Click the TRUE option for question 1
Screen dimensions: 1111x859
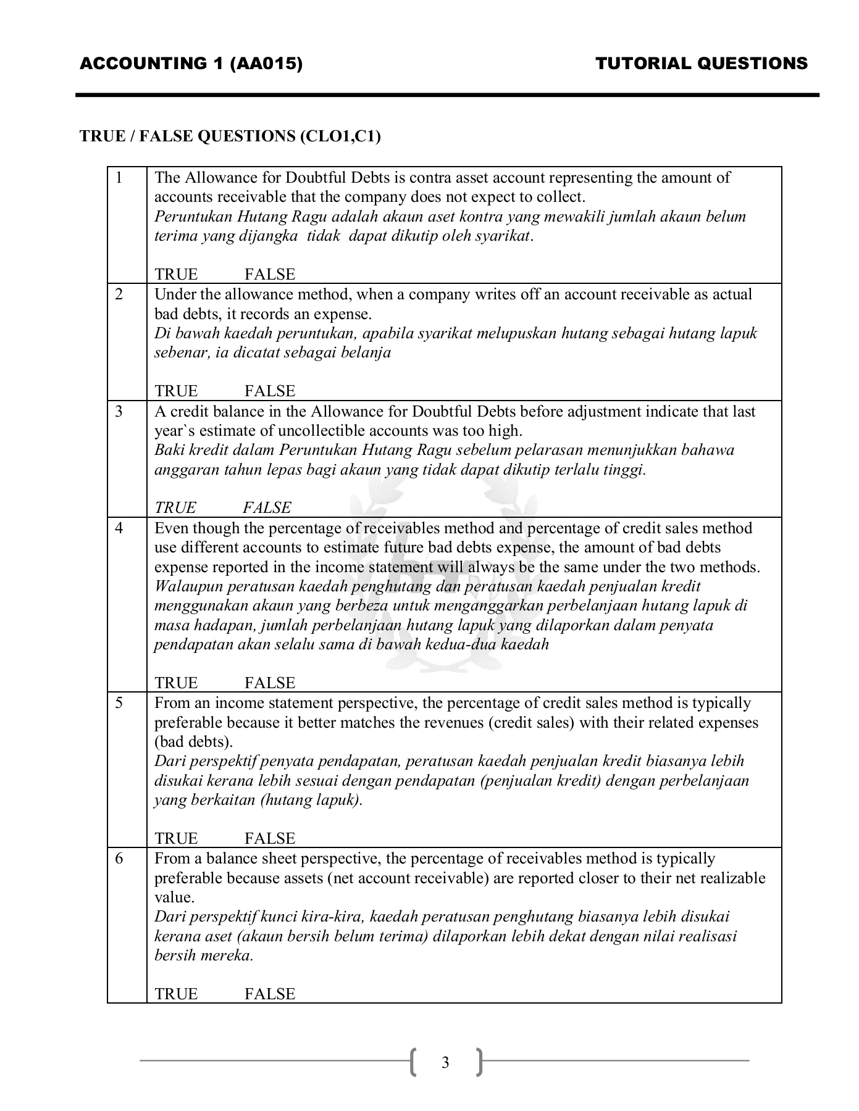176,274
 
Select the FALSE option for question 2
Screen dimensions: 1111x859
270,391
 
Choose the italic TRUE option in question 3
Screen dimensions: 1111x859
175,507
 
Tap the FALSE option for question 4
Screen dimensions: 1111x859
270,683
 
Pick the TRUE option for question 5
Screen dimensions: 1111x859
176,838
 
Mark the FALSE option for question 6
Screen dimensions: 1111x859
270,994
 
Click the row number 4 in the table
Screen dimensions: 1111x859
119,528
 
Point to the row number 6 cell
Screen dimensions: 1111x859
119,859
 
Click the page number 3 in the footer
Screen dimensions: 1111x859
445,1063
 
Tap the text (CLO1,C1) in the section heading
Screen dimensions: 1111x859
340,136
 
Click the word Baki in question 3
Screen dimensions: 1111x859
167,450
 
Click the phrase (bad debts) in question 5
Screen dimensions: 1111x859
193,742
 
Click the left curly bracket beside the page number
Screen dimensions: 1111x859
413,1062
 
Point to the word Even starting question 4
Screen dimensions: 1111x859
169,528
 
